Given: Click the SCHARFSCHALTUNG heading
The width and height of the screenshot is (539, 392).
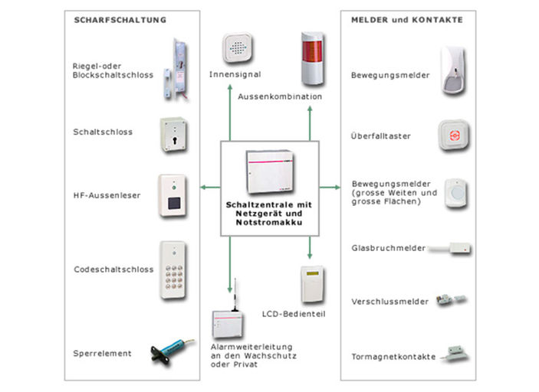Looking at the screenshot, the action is point(120,20).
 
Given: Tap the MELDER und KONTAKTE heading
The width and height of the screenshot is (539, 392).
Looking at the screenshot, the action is point(407,20).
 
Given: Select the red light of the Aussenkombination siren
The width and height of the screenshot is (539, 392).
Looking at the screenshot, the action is point(312,51).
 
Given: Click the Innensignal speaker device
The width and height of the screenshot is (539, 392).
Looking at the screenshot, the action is point(237,47).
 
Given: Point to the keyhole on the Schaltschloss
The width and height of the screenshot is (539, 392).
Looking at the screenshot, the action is point(175,141).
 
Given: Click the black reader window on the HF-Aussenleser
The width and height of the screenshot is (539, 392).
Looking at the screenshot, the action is point(174,203).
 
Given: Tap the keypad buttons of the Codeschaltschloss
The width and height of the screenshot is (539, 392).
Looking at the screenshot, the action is point(174,276).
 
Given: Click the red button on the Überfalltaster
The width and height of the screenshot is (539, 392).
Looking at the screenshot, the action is point(455,136).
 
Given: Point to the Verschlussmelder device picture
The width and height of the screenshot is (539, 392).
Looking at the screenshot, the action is point(451,299).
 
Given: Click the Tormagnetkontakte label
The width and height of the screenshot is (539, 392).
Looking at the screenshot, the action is point(393,357).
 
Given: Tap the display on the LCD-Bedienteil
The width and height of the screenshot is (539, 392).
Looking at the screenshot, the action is point(313,273).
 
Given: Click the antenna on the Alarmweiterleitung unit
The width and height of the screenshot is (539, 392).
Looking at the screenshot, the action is point(235,295).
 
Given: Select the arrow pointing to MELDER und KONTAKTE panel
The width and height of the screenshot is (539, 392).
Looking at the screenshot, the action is point(330,188).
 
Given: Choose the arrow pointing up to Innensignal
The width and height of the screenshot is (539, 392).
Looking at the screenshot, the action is point(230,113).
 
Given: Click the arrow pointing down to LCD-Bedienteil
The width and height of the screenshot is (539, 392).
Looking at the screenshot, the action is point(310,247).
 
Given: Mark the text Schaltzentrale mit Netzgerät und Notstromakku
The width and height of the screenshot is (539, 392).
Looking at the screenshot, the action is point(269,214).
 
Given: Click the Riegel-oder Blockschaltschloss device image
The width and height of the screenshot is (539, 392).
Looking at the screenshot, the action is point(176,70).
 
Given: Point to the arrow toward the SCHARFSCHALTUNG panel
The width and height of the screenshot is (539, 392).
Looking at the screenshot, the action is point(210,188).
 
